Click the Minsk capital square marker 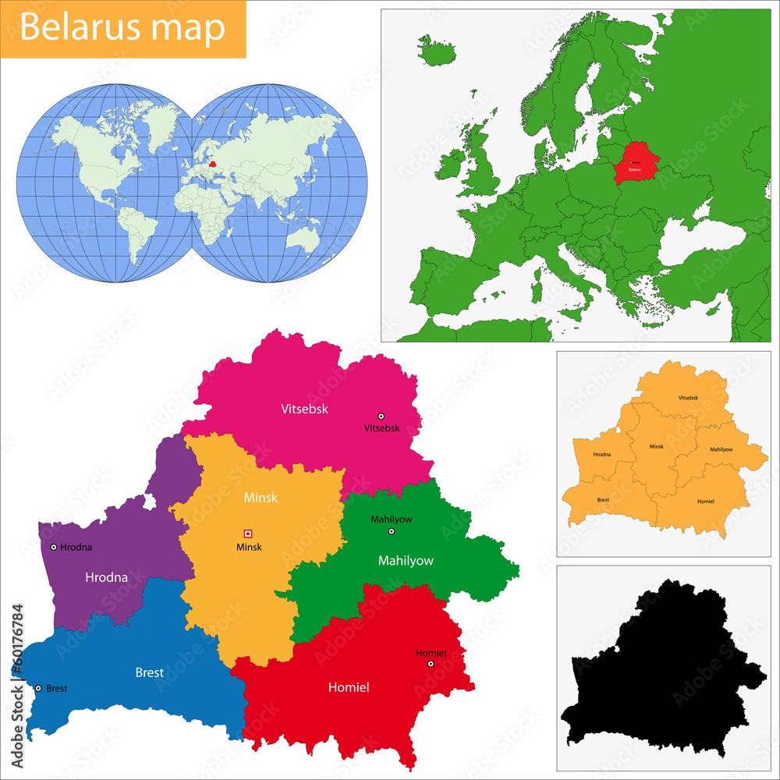tap(248, 534)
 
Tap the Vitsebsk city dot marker tap(381, 416)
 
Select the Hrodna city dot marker tap(53, 548)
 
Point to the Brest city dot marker tap(38, 688)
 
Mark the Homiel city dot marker tap(431, 664)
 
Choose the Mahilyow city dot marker tap(392, 531)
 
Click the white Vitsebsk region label tap(304, 408)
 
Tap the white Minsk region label tap(261, 497)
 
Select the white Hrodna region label tap(106, 578)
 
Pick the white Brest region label tap(150, 672)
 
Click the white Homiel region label tap(348, 687)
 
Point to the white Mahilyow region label tap(406, 560)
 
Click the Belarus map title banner tap(123, 28)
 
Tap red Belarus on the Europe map tap(635, 164)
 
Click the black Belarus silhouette tap(663, 671)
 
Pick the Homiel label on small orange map tap(705, 501)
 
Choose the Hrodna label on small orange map tap(601, 454)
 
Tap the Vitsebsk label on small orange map tap(688, 398)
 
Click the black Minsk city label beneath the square tap(249, 548)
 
